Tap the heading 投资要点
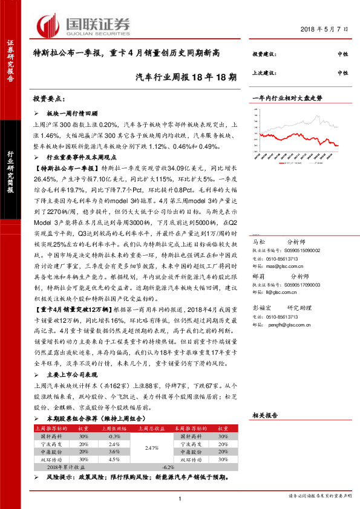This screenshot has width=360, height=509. point(50,98)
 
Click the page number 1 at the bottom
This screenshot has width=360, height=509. point(180,498)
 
